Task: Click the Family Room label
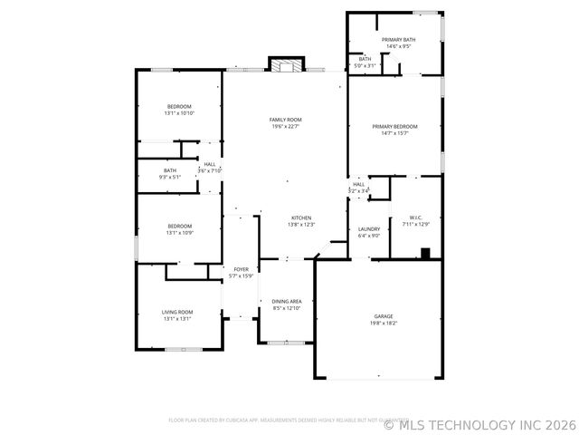pos(285,120)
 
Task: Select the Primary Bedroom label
pos(395,126)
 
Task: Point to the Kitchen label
pos(300,217)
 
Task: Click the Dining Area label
pos(288,301)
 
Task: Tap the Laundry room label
pos(369,229)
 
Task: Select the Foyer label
pos(242,269)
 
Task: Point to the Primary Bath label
pos(397,40)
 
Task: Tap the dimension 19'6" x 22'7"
pos(285,127)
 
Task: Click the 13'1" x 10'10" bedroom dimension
pos(179,113)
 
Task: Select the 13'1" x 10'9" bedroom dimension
pos(179,233)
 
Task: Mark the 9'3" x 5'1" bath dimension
pos(170,177)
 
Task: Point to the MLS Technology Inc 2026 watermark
pos(479,424)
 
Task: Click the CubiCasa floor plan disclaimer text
pos(271,420)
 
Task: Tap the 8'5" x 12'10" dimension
pos(288,308)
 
